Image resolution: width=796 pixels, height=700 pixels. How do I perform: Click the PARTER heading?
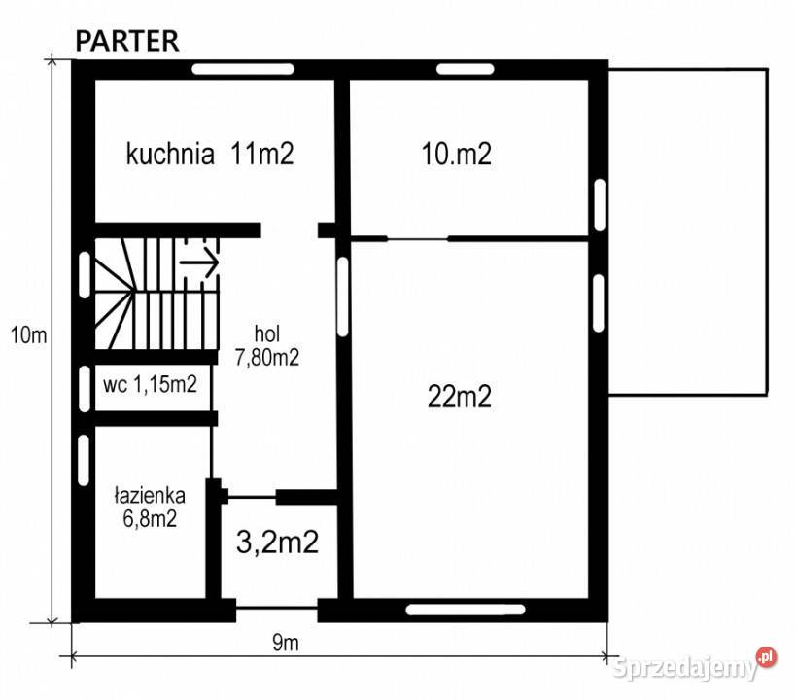tap(127, 41)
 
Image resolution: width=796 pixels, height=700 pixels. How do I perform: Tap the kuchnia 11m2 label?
tap(210, 153)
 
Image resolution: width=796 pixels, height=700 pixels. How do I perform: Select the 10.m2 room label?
tap(457, 154)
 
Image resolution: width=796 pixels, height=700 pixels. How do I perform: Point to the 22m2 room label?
tap(460, 397)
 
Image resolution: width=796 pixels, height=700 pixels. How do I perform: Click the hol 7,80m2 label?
tap(267, 346)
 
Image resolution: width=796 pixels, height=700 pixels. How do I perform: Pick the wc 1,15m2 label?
tap(150, 385)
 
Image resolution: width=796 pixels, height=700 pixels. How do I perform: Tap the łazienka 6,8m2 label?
tap(150, 507)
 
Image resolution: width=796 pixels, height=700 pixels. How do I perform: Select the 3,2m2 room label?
tap(278, 542)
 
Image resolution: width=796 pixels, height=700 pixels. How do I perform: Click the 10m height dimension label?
tap(29, 335)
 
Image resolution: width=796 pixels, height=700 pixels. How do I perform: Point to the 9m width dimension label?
tap(286, 643)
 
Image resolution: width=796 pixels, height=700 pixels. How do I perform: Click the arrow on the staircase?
tap(199, 262)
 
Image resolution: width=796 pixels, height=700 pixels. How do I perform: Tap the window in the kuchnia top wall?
tap(243, 69)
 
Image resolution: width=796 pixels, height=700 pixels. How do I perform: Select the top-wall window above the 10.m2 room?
tap(465, 69)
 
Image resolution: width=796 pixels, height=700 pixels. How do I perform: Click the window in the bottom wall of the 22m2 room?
tap(466, 609)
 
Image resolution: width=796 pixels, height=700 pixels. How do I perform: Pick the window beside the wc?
tap(85, 389)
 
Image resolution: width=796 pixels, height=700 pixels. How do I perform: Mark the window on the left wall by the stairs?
tap(85, 275)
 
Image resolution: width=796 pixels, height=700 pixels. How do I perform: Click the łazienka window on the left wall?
tap(84, 460)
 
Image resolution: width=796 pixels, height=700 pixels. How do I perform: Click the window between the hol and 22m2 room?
tap(343, 297)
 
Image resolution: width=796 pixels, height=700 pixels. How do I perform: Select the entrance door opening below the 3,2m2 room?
tap(277, 608)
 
